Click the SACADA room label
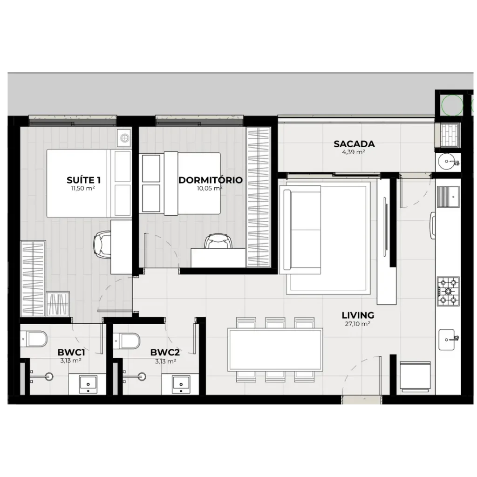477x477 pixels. [x=354, y=144]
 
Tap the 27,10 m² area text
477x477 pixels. [x=357, y=324]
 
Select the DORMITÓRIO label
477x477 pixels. [x=211, y=180]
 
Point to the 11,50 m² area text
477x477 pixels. [x=83, y=188]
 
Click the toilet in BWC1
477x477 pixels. [x=34, y=339]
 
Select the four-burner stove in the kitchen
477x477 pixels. [x=448, y=291]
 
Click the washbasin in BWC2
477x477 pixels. [x=181, y=384]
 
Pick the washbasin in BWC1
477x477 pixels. [x=88, y=384]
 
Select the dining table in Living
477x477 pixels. [x=275, y=350]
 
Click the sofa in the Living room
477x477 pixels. [x=302, y=230]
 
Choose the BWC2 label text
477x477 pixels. [x=165, y=353]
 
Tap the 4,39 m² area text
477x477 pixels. [x=354, y=152]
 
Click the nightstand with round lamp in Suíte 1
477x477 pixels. [x=124, y=138]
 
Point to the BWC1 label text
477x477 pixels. [x=71, y=353]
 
